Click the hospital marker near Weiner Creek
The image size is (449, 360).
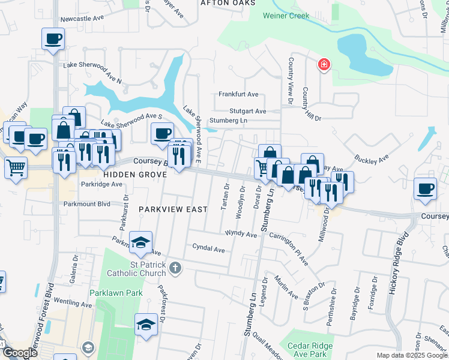pos(324,64)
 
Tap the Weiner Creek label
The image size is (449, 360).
pos(286,16)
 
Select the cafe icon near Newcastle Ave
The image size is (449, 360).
pos(53,40)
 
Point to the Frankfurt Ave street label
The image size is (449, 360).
pos(238,94)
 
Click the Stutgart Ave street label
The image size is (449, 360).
pos(247,111)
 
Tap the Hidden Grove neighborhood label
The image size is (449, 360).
pos(131,174)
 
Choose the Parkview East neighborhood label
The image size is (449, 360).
pos(173,209)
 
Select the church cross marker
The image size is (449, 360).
pos(175,267)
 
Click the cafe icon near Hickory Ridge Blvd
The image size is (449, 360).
pos(426,188)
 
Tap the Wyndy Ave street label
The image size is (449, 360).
pos(241,232)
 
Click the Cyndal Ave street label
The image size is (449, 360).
pos(208,247)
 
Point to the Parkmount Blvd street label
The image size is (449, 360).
pos(87,203)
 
